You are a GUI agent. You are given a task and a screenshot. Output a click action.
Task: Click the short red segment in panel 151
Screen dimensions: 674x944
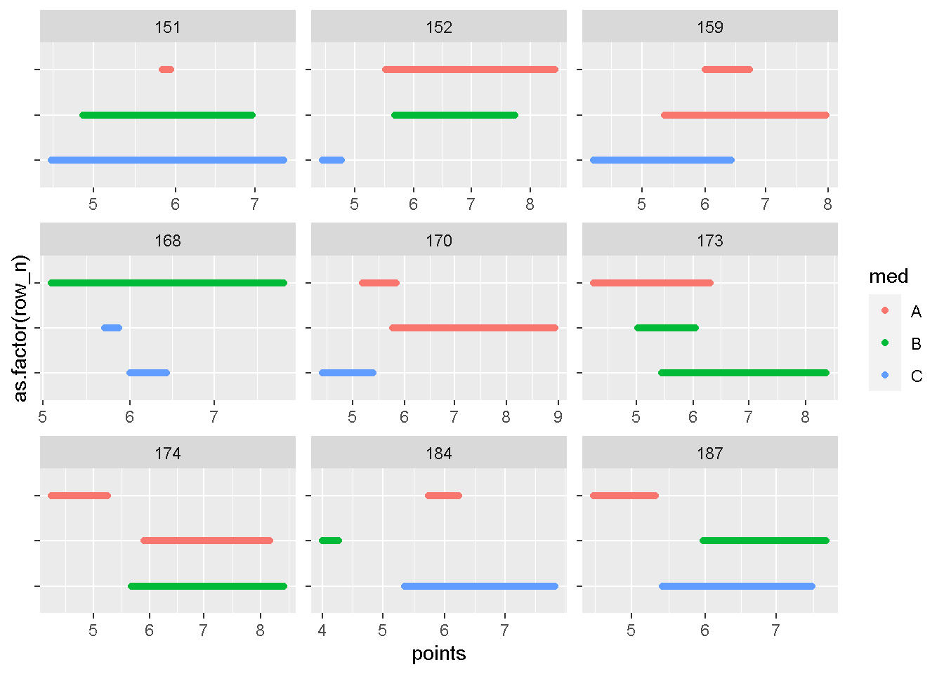[166, 70]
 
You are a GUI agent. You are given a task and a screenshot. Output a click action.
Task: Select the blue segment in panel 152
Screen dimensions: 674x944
[332, 160]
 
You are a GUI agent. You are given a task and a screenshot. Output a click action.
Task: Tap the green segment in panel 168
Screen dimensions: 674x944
[167, 283]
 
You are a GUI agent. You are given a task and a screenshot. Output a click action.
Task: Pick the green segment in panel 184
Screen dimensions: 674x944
[330, 541]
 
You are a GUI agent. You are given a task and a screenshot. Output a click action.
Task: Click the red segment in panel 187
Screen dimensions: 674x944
[624, 496]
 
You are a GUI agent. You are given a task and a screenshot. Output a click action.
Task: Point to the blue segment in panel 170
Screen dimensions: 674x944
[348, 373]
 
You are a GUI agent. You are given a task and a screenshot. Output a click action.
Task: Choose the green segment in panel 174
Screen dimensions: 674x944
[208, 586]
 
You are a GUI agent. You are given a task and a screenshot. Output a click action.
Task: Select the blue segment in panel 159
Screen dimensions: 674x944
[662, 160]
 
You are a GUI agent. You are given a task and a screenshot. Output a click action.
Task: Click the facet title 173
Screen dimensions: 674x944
[709, 241]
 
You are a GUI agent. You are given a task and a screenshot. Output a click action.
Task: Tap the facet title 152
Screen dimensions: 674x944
[438, 27]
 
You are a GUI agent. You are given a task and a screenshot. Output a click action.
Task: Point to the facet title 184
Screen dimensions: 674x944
[438, 454]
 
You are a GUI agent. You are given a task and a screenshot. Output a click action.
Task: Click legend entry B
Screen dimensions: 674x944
[916, 344]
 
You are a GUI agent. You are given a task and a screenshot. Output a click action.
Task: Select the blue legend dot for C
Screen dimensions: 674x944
[885, 376]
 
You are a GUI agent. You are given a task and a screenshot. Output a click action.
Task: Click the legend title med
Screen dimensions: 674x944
[889, 277]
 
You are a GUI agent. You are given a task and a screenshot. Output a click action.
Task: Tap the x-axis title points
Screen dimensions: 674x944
[438, 654]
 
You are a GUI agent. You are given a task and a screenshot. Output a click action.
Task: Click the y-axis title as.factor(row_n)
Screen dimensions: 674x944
[21, 329]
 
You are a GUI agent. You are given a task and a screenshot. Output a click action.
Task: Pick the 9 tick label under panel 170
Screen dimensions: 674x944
[558, 417]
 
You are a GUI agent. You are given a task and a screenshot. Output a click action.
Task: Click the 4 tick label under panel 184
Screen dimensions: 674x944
[322, 630]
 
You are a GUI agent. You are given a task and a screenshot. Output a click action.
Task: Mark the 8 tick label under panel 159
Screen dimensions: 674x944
[827, 204]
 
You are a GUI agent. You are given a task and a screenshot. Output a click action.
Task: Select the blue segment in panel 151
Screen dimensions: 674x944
[167, 160]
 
